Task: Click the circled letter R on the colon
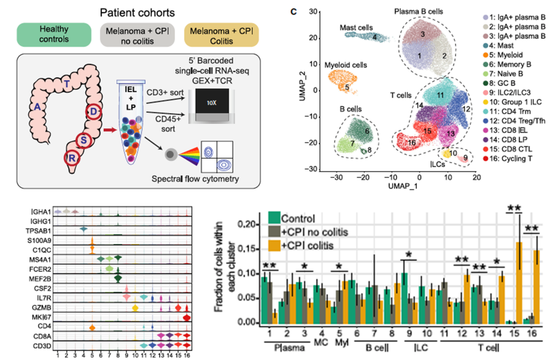[x=72, y=158]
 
